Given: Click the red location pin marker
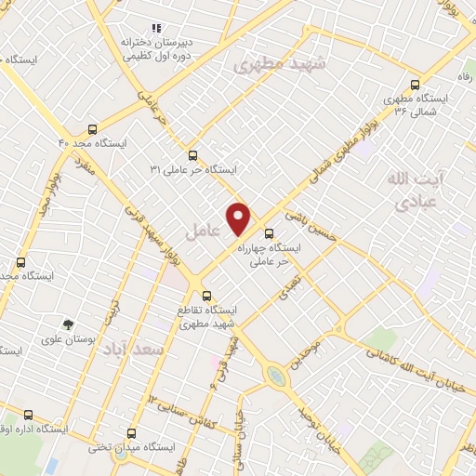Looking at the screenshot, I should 240,218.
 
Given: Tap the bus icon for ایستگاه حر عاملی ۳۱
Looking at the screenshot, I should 192,155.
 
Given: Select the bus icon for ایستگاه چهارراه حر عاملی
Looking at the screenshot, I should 270,233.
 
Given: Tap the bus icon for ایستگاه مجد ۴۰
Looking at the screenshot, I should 92,129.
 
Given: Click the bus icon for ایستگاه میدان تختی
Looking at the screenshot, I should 130,432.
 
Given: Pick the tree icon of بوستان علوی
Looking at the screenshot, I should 68,324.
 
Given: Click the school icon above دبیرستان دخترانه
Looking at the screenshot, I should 155,29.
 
